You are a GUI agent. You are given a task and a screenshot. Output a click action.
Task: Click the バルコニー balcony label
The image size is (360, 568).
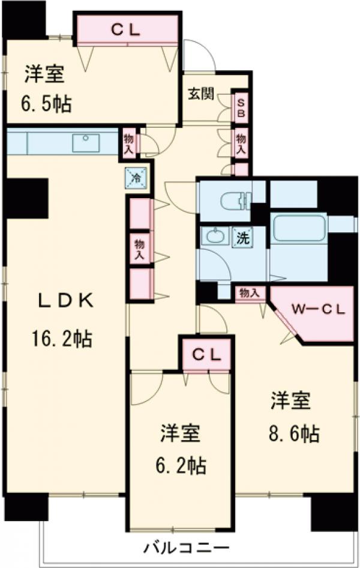click(x=186, y=548)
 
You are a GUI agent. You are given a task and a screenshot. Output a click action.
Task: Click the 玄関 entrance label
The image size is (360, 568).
click(x=202, y=94)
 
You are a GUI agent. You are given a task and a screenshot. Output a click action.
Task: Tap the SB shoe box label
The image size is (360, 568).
click(x=241, y=108)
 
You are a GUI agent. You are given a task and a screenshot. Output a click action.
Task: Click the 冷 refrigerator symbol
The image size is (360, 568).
click(x=136, y=177)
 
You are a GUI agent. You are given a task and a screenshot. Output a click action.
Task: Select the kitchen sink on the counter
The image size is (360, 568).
click(x=88, y=142)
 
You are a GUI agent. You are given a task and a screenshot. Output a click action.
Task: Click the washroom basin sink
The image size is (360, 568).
click(x=213, y=237)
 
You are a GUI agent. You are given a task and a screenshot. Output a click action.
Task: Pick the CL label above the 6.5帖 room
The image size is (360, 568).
click(x=127, y=31)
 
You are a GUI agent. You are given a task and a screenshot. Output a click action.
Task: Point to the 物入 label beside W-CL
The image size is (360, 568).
click(x=249, y=293)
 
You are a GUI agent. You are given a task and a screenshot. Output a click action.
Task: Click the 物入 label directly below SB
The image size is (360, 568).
click(x=241, y=145)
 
